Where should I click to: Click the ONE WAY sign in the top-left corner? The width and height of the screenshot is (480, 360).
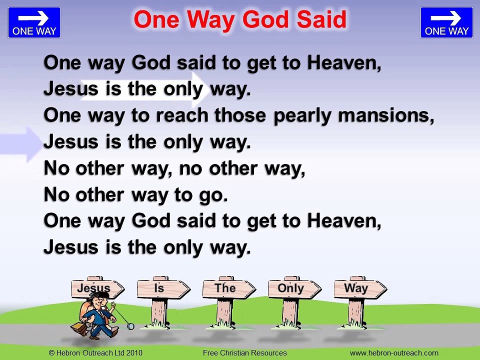click(x=34, y=22)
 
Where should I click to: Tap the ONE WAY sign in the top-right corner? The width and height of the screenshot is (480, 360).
click(x=446, y=22)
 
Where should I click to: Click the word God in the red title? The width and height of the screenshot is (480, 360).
click(x=266, y=20)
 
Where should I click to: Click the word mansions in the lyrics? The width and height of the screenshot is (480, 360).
click(x=385, y=115)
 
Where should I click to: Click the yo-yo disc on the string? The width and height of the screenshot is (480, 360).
click(x=130, y=326)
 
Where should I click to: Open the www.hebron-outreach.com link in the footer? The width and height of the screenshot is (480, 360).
click(x=394, y=353)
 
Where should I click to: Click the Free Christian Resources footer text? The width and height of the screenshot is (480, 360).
click(x=244, y=353)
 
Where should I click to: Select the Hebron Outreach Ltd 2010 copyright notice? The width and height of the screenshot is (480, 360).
click(x=95, y=353)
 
